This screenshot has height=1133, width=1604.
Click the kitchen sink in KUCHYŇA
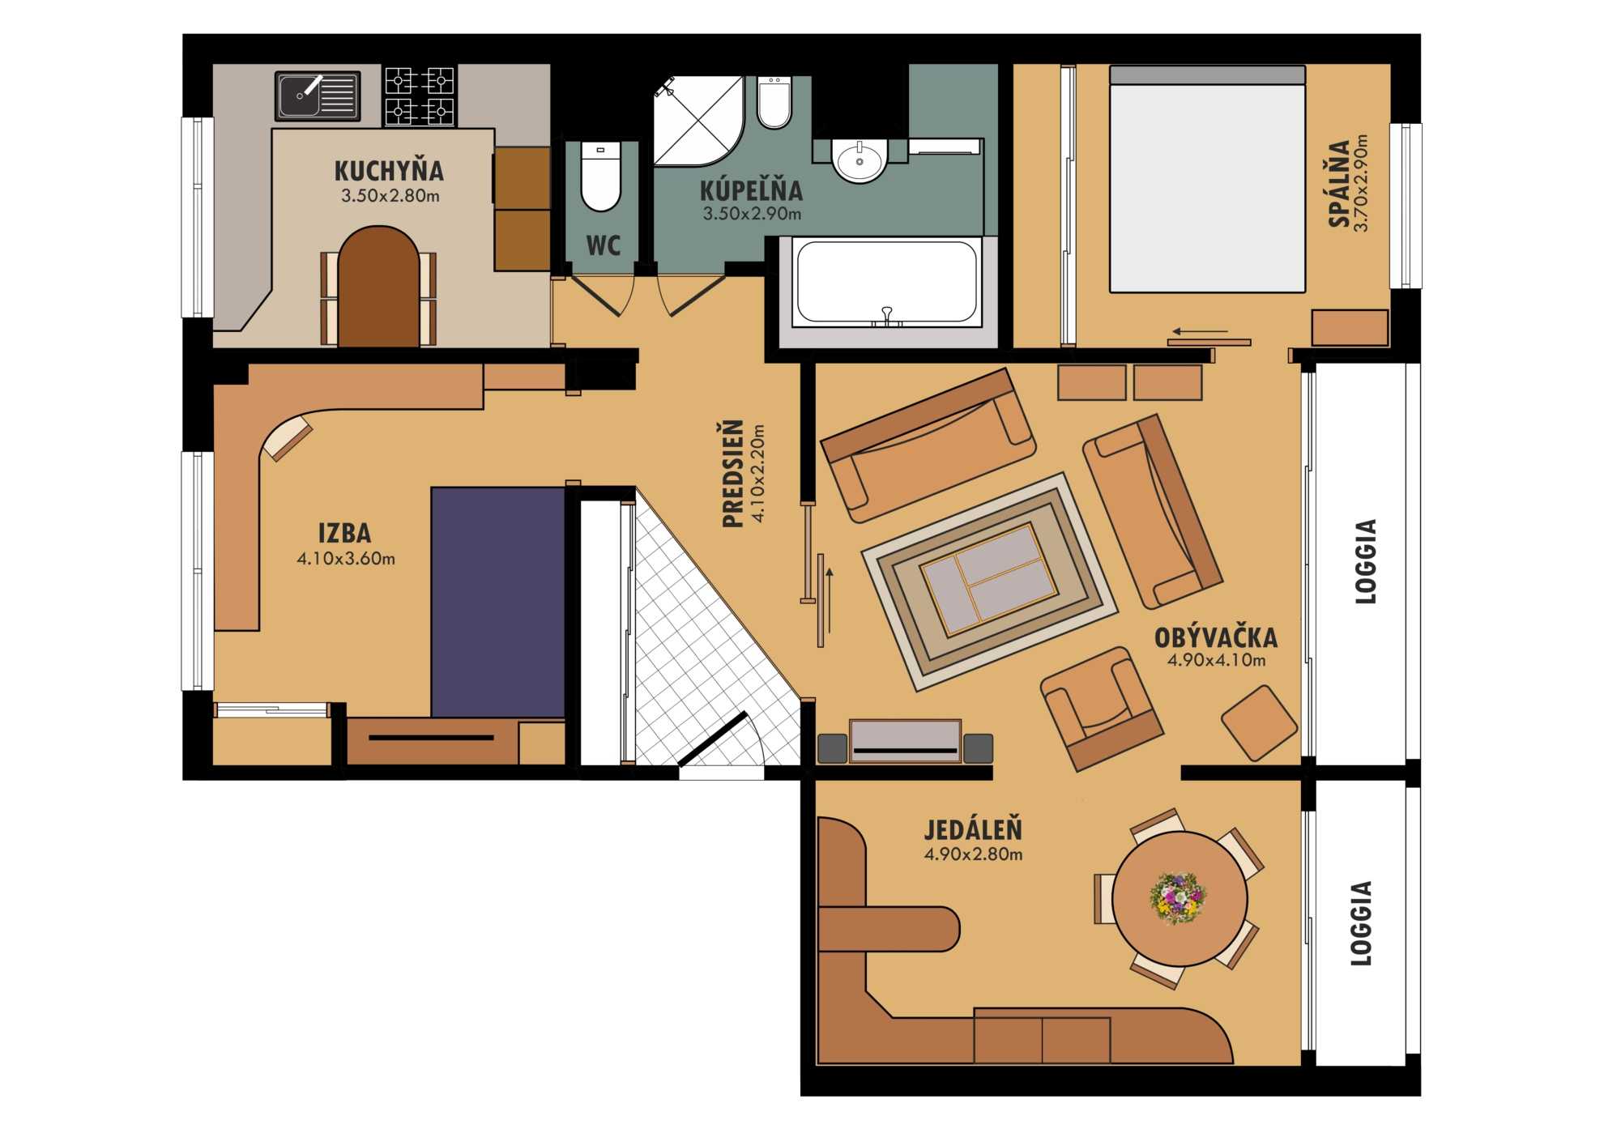(318, 96)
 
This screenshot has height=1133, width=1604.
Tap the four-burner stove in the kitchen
(419, 96)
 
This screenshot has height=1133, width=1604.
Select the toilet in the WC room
(600, 176)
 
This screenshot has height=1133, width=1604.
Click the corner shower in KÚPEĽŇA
(698, 121)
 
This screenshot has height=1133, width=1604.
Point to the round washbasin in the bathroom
(860, 160)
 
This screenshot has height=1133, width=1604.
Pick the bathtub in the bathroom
(887, 283)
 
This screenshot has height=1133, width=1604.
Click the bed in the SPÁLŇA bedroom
(1207, 179)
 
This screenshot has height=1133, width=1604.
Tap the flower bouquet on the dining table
(1178, 897)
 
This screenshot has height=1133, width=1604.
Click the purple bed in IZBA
(498, 602)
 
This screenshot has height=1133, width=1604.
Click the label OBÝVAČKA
(1216, 637)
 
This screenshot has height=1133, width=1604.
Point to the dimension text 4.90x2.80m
(973, 854)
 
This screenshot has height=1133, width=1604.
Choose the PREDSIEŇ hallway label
(733, 473)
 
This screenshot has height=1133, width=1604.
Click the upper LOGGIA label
(1366, 561)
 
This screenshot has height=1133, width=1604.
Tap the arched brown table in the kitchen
(378, 287)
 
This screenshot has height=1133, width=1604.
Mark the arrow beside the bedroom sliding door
(1200, 331)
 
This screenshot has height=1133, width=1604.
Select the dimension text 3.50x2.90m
(752, 214)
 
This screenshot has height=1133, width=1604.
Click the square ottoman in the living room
(1259, 722)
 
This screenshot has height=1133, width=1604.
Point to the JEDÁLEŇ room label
(973, 829)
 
